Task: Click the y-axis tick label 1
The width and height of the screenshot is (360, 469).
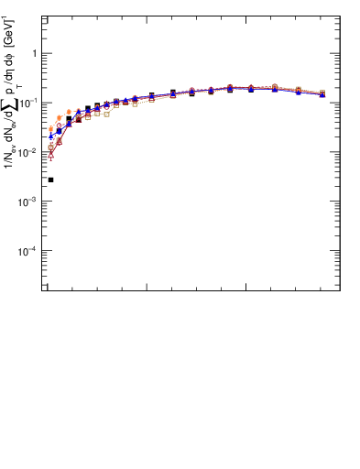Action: pyautogui.click(x=35, y=53)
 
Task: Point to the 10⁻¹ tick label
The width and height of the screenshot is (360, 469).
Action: pyautogui.click(x=29, y=102)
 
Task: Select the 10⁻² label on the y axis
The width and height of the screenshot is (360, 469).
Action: pyautogui.click(x=29, y=151)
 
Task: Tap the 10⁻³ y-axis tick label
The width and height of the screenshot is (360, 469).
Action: pyautogui.click(x=29, y=201)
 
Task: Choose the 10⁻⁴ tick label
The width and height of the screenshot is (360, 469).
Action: pyautogui.click(x=29, y=250)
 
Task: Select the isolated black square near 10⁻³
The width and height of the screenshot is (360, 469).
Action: pyautogui.click(x=50, y=180)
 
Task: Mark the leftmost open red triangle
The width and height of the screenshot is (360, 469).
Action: pyautogui.click(x=50, y=156)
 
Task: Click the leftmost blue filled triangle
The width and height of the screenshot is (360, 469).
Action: pyautogui.click(x=50, y=136)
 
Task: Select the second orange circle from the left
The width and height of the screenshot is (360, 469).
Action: pyautogui.click(x=60, y=117)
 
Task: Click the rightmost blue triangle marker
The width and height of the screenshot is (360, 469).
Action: pyautogui.click(x=322, y=94)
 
